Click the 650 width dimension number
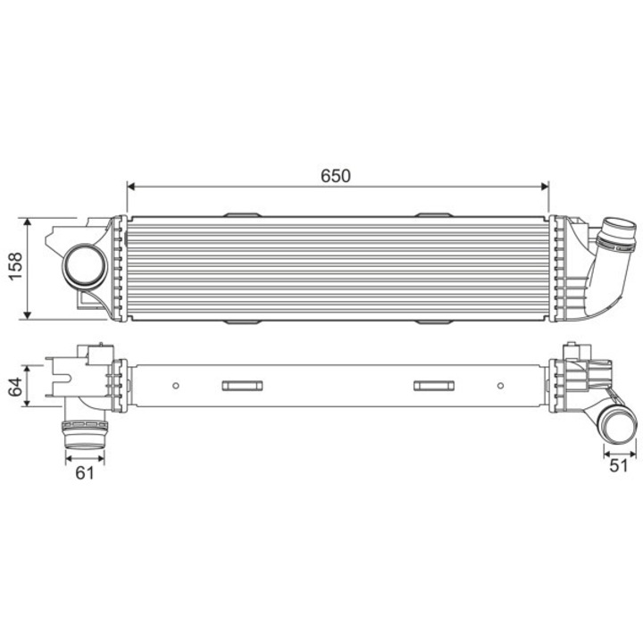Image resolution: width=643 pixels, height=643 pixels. point(336,176)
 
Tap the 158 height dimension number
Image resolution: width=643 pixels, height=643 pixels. point(14,267)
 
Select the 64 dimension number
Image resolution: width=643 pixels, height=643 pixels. point(14,386)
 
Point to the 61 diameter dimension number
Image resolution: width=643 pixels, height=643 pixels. point(84,473)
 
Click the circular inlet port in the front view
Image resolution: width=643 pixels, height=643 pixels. point(82,265)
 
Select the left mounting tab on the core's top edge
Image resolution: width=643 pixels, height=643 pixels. point(240,215)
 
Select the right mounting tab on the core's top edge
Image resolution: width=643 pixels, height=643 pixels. point(433,215)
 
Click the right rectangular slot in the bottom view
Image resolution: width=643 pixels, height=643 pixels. point(433,386)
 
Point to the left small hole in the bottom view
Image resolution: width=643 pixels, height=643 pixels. point(176,386)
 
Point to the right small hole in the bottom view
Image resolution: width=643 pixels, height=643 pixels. point(498,386)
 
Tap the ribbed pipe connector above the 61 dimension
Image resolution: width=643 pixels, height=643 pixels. point(85,436)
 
